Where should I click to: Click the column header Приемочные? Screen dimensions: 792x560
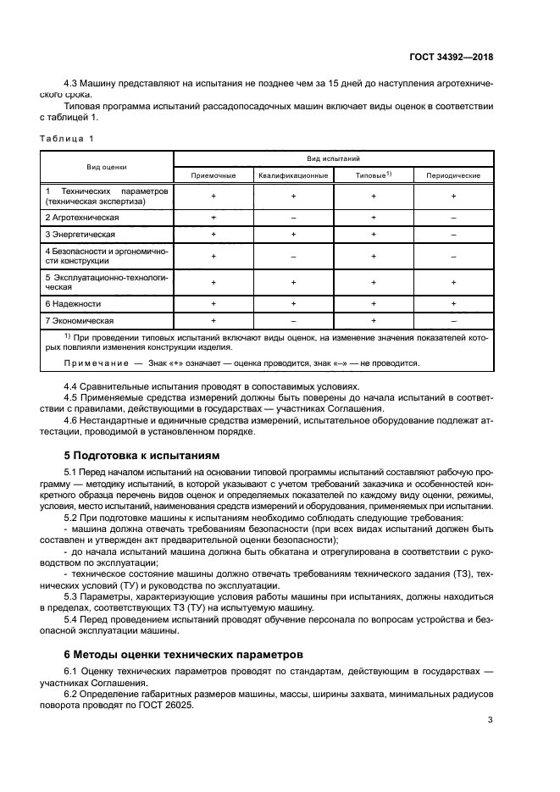[213, 175]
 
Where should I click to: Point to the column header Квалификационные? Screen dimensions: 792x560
[293, 175]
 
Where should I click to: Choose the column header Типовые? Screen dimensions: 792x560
[373, 175]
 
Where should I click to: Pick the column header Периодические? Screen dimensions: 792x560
[453, 175]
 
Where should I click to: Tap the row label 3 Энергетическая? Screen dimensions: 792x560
[80, 234]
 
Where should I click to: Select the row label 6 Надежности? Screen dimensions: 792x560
[74, 303]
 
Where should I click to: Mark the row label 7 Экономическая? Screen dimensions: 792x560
[79, 321]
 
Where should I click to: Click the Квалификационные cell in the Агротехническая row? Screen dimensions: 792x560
[293, 218]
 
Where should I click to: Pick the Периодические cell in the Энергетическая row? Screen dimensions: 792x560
[453, 234]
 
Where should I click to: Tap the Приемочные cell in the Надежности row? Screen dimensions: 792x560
[213, 303]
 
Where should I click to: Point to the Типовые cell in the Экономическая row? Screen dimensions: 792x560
[373, 321]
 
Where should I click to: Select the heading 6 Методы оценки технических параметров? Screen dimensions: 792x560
[183, 655]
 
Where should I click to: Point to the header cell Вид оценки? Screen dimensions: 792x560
[107, 167]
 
